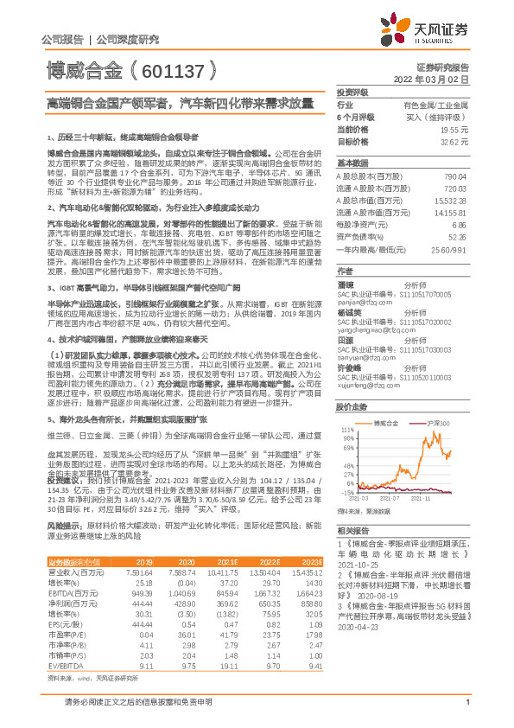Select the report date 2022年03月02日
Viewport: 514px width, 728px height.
(x=441, y=79)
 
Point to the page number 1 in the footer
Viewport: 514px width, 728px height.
(x=466, y=712)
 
